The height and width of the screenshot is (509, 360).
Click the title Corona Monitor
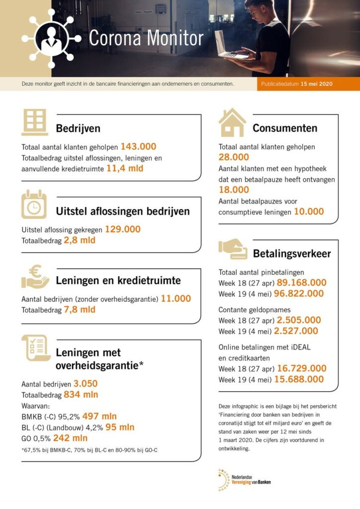(146, 38)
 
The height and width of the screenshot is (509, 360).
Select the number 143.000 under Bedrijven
(138, 147)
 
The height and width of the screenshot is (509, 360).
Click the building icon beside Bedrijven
(35, 122)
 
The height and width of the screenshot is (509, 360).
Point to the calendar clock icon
(34, 204)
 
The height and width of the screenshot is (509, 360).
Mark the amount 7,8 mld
(80, 310)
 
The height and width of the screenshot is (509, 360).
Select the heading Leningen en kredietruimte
(118, 280)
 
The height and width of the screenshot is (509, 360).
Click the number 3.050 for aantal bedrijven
(86, 384)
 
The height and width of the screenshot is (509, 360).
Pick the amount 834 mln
(81, 395)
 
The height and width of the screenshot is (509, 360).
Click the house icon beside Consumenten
(232, 122)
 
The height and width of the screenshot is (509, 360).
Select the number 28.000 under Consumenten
(234, 158)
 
